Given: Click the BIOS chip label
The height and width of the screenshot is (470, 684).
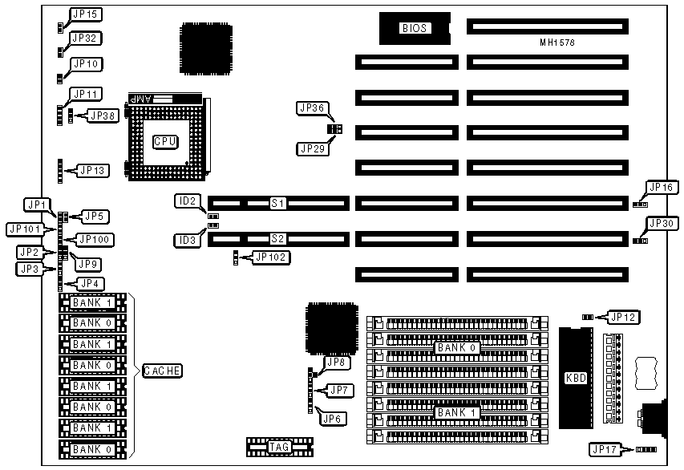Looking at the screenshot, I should point(415,28).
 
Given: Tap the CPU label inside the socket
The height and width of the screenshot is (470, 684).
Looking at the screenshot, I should point(165,141).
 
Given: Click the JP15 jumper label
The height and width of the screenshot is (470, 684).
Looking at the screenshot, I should point(86,14).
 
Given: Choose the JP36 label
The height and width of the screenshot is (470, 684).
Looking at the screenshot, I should point(311,107).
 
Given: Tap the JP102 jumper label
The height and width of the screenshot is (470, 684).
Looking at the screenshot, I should point(271,257).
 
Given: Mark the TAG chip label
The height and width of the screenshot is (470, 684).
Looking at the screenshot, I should point(280,447).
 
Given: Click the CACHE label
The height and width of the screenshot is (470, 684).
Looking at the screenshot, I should point(162,371).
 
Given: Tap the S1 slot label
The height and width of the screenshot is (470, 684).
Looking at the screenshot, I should point(277,204).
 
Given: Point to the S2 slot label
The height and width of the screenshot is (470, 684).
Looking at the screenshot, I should point(277,238).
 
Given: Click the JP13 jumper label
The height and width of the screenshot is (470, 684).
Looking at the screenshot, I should point(92,170).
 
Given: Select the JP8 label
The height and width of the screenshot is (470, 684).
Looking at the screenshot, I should point(335,363).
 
